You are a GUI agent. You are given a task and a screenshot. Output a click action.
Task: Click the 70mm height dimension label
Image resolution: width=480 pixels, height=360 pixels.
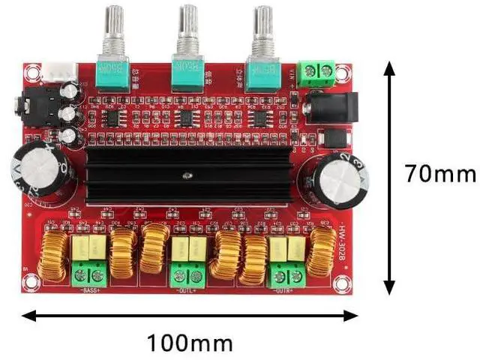(440, 174)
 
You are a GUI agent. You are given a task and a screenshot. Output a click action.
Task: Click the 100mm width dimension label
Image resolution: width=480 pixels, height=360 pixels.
(190, 343)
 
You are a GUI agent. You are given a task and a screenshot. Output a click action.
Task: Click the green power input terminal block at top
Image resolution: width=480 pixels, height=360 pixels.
(318, 73)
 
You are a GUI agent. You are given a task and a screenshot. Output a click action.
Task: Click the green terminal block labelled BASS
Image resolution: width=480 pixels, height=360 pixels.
(89, 274)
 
